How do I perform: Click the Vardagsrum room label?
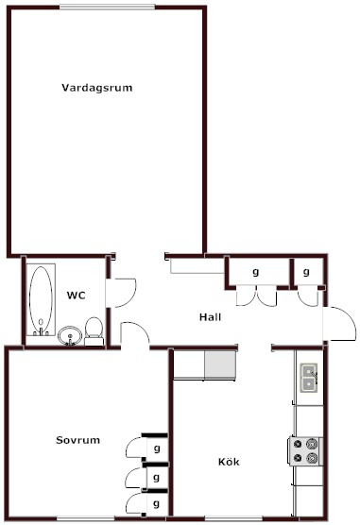point(97,88)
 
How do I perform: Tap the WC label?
point(77,296)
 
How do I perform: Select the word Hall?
point(210,316)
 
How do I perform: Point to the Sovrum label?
point(77,440)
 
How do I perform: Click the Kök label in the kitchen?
point(229,462)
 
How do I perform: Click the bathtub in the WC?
point(41,299)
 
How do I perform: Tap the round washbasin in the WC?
point(70,336)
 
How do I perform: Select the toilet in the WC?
point(94,331)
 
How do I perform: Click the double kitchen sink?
point(309,378)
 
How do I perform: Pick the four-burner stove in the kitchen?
point(306,451)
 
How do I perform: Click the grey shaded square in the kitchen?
point(220,364)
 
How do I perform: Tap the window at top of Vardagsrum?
point(108,7)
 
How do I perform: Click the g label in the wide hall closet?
point(256,272)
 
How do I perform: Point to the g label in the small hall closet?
point(306,272)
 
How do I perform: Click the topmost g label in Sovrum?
point(157,449)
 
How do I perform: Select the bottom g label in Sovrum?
point(156,503)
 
